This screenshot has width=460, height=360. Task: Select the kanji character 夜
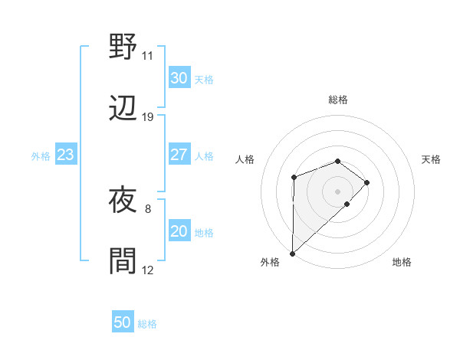[123, 201]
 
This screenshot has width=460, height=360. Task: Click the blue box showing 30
[179, 78]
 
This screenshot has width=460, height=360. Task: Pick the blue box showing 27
[179, 155]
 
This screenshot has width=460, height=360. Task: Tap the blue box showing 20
[179, 231]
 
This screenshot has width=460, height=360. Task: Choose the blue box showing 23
[65, 155]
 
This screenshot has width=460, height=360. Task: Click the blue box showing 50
[123, 322]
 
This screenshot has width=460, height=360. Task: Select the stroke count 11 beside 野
[147, 56]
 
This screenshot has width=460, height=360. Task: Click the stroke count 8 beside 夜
[147, 208]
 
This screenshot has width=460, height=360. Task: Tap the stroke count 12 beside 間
[147, 270]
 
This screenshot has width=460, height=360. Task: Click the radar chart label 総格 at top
[338, 100]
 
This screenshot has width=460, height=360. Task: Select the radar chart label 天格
[431, 159]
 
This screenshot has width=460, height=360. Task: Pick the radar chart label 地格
[402, 262]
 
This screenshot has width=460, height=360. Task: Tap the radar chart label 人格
[245, 159]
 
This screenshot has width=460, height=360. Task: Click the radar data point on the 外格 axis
[292, 253]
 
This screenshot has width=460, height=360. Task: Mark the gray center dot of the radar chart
[338, 190]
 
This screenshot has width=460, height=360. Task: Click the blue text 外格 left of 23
[41, 155]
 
